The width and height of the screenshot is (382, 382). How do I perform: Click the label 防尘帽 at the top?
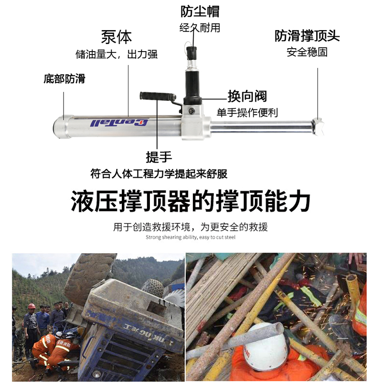[x=200, y=11]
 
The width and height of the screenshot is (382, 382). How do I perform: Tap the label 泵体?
[x=116, y=37]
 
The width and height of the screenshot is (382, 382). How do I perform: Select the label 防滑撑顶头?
[x=307, y=36]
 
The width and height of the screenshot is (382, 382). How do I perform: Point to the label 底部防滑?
[x=64, y=79]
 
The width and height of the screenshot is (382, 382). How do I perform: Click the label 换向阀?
[x=247, y=96]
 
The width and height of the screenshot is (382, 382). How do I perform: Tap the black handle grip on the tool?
[x=157, y=96]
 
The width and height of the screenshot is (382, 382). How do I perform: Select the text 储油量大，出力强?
[x=116, y=54]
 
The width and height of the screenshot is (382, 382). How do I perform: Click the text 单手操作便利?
[x=247, y=113]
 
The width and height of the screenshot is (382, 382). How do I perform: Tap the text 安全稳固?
[x=307, y=52]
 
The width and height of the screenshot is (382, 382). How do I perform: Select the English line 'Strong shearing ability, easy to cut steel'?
[x=191, y=237]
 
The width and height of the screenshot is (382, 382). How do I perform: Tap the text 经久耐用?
[x=200, y=28]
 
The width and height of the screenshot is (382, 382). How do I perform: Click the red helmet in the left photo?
[x=32, y=306]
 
